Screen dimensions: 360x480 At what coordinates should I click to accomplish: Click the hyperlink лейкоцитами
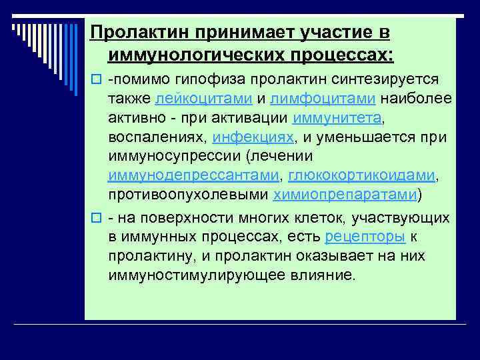203,99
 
